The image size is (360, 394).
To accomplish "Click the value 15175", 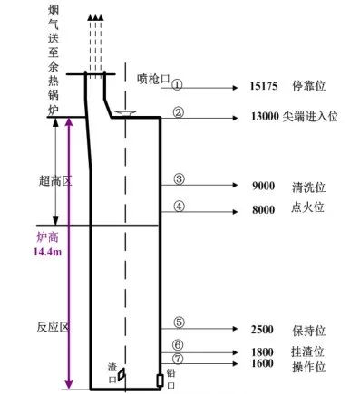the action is (x=264, y=86).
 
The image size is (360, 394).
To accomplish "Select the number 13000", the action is (x=265, y=116).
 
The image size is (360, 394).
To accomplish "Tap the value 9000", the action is (x=264, y=186).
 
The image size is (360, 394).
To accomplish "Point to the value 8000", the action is (x=264, y=209).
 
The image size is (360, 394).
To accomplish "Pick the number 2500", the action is (x=262, y=330).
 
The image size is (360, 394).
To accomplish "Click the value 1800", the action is (x=262, y=352).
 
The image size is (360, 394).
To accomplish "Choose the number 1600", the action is (x=262, y=363).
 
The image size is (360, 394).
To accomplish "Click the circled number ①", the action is (x=177, y=84).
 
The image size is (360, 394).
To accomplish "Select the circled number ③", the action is (x=179, y=179).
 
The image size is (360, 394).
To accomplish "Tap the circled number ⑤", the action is (x=179, y=322).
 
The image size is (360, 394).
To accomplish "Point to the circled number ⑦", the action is (x=178, y=359).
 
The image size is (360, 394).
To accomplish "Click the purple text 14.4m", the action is (x=47, y=251).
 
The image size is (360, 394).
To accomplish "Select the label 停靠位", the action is (x=308, y=86).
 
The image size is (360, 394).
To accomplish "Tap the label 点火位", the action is (x=307, y=207).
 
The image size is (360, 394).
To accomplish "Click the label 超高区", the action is (x=55, y=181).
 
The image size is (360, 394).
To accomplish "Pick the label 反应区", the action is (x=54, y=327).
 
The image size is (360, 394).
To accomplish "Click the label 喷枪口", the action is (x=153, y=79).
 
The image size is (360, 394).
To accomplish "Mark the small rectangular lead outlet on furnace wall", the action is (x=161, y=380).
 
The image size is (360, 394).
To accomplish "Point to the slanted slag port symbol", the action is (x=122, y=374).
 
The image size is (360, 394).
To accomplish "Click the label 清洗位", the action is (x=308, y=187).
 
